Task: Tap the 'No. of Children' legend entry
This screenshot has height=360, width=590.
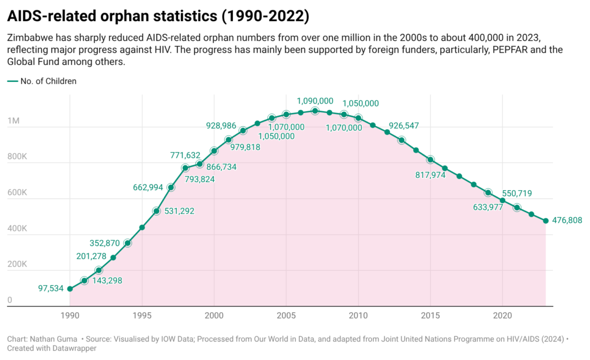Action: [x=52, y=81]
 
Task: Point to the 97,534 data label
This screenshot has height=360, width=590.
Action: [x=40, y=288]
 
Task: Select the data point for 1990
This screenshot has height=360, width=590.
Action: [x=70, y=289]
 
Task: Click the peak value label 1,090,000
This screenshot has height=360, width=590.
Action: [x=315, y=101]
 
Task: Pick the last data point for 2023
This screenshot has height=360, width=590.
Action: [x=546, y=221]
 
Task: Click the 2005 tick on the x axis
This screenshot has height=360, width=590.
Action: [x=286, y=316]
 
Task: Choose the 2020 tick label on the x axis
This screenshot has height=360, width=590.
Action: [x=502, y=316]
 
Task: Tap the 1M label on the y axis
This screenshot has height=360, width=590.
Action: [x=14, y=122]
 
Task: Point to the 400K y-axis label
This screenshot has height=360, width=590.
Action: [x=17, y=229]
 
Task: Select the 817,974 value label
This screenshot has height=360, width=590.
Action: [x=429, y=175]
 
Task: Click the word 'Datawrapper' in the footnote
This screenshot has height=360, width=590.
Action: [x=71, y=348]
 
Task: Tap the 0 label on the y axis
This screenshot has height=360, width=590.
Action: [x=10, y=300]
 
